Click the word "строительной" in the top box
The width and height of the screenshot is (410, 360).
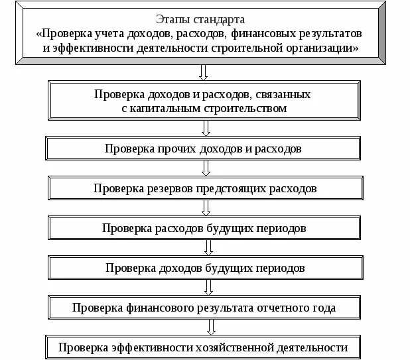pos(252,48)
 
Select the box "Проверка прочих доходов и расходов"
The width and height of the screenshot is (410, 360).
pos(203,149)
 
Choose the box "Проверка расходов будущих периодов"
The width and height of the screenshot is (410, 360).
pos(204,228)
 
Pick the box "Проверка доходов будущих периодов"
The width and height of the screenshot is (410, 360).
pos(204,269)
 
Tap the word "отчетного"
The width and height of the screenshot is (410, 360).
pos(275,308)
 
